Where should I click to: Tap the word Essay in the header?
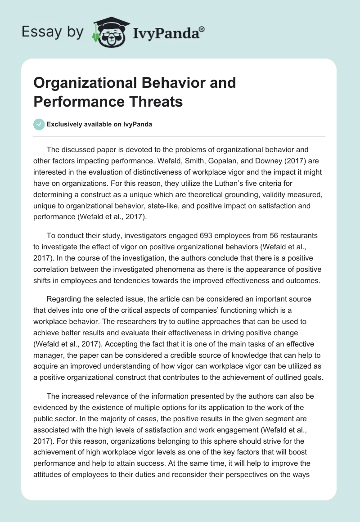pyautogui.click(x=39, y=31)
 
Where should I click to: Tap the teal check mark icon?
pyautogui.click(x=39, y=124)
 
